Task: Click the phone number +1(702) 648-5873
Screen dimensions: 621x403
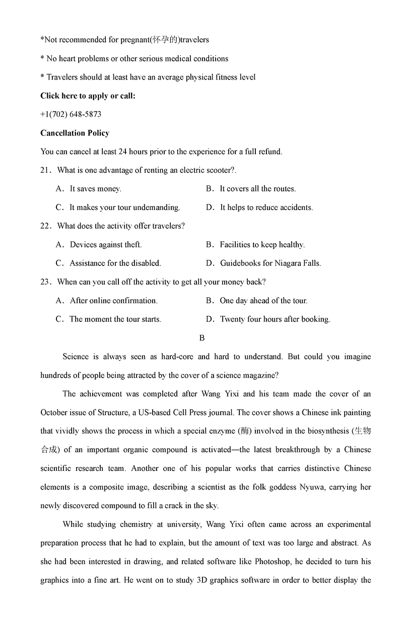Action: tap(71, 114)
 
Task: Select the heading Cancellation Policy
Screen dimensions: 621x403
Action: tap(75, 133)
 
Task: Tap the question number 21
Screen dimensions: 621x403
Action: tap(45, 170)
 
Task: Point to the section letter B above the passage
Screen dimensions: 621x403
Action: tap(202, 338)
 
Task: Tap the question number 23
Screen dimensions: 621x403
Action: tap(45, 282)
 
